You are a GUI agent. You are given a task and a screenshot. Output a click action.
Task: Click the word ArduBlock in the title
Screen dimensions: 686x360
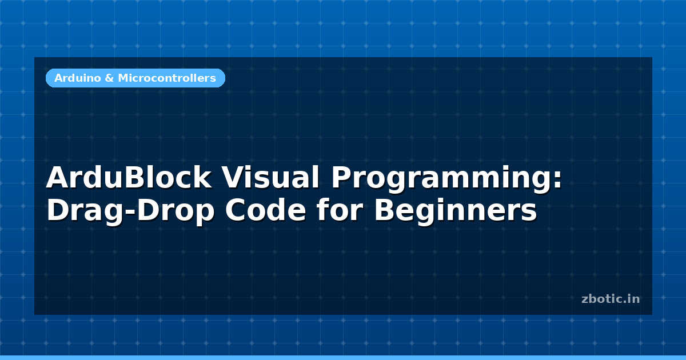[129, 178]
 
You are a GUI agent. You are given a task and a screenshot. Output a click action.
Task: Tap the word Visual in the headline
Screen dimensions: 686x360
[271, 178]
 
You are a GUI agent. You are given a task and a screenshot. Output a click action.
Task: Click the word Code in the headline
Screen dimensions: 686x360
[265, 210]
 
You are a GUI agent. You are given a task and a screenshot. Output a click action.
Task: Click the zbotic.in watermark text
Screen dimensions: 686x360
[611, 299]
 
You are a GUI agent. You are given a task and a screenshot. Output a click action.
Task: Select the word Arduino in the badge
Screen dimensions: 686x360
[78, 78]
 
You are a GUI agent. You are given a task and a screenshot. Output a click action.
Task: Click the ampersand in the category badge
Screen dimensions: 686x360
[109, 78]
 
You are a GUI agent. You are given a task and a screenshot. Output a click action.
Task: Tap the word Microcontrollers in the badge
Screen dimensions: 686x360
[167, 78]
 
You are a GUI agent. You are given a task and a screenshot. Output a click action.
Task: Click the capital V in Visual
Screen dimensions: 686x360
[233, 177]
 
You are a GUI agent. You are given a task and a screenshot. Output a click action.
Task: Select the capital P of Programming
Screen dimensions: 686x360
[341, 177]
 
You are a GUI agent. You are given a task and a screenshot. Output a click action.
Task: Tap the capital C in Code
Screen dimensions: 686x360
[235, 210]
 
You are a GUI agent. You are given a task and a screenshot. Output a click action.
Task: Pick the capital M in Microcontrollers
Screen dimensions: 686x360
[123, 78]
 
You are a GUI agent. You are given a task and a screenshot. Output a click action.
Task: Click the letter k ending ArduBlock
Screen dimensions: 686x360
[203, 177]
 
